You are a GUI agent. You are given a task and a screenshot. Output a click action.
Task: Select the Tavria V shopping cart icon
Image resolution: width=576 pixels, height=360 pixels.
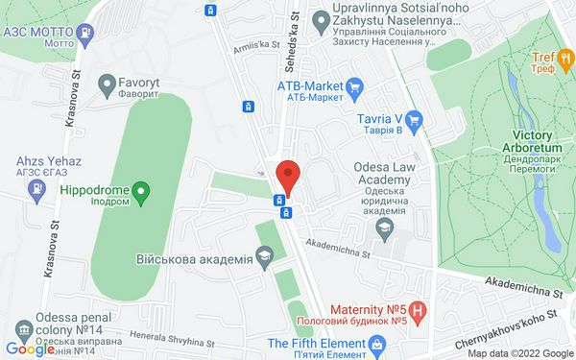click(x=415, y=120)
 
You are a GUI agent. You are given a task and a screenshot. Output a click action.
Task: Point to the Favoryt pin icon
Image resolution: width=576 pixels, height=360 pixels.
click(x=107, y=85)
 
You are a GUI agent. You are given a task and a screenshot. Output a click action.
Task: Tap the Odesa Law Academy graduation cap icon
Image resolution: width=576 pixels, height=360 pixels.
click(x=385, y=227)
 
